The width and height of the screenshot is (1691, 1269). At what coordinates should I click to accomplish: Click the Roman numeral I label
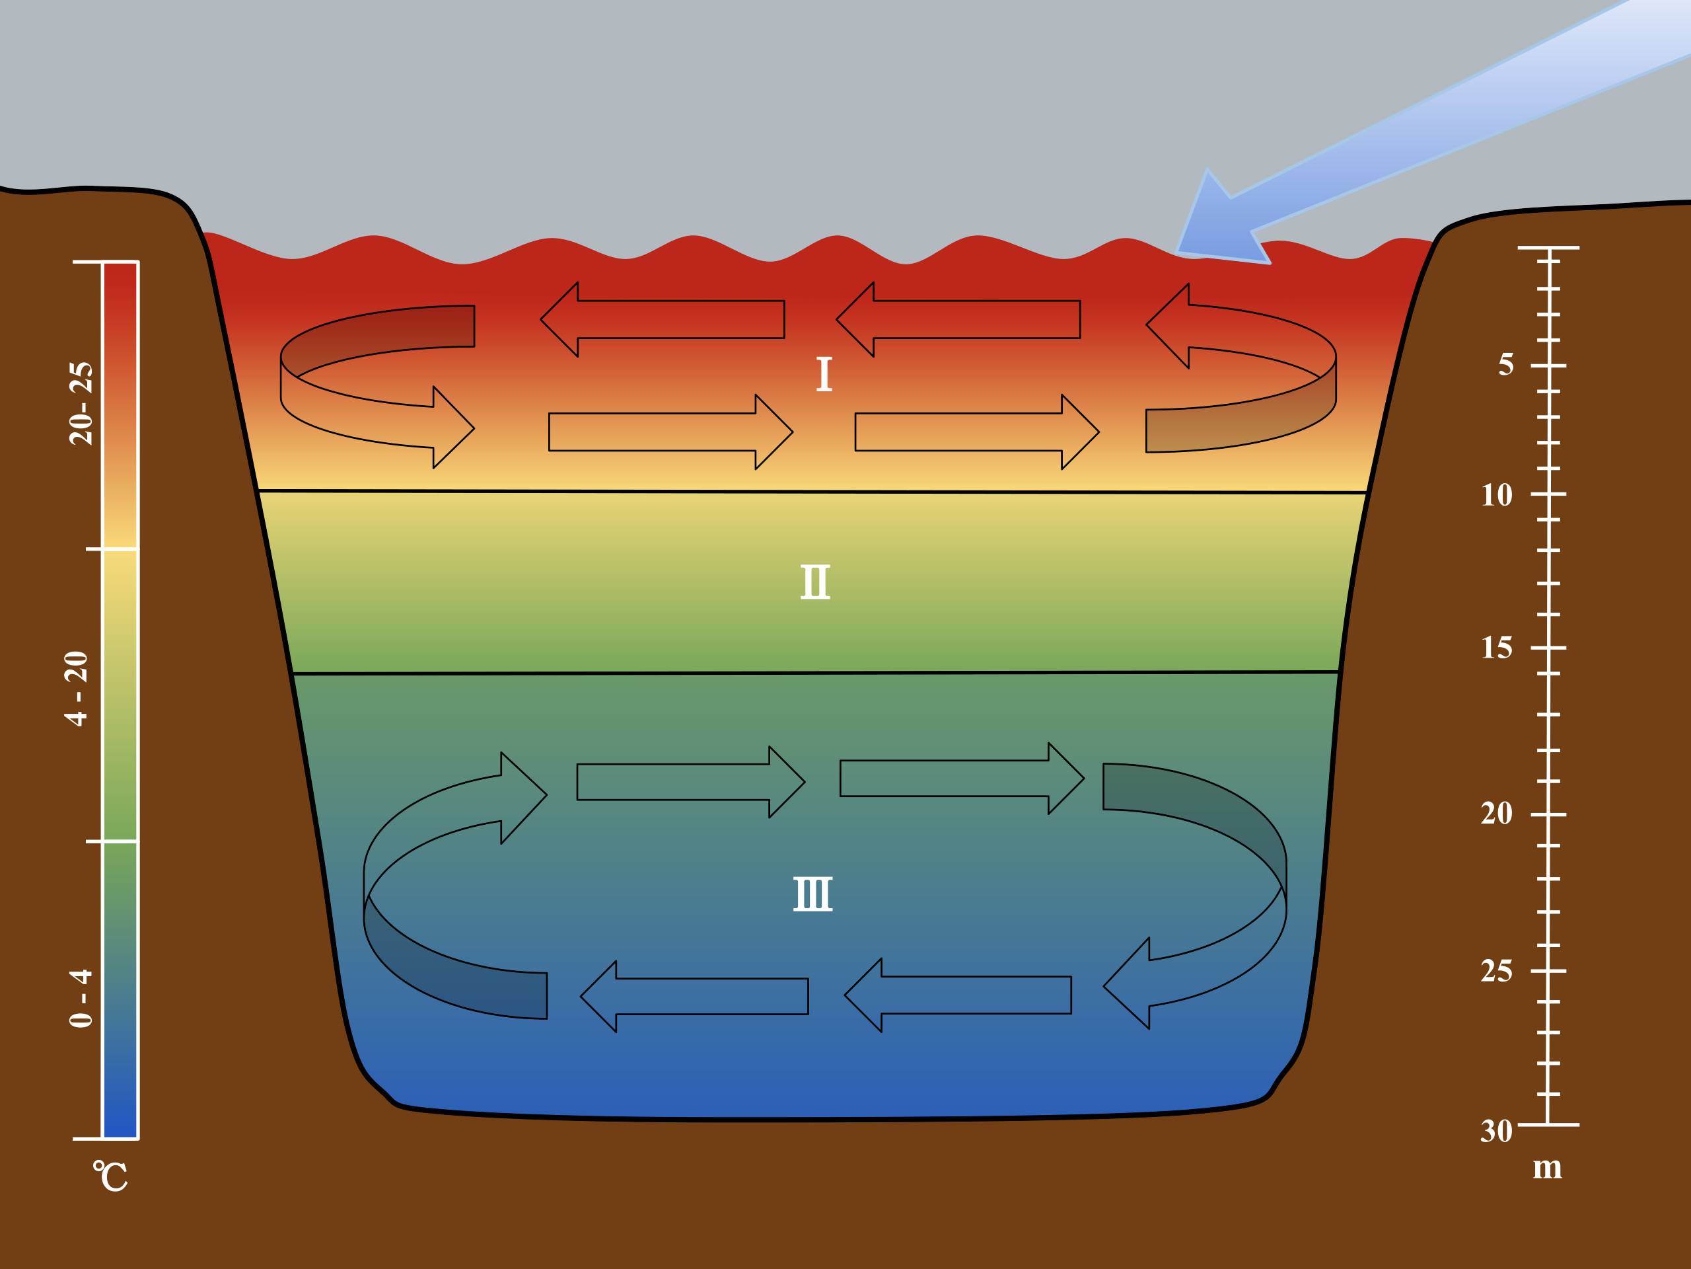(824, 374)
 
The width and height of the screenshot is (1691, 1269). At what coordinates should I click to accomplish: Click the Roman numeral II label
(815, 582)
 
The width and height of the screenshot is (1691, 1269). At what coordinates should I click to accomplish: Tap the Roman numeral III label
(812, 894)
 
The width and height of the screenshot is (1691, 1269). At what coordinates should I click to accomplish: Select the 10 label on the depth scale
(1497, 496)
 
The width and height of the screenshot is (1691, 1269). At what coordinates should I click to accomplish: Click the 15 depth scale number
(1497, 648)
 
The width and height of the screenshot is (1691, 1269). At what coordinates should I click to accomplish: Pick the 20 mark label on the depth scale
(1497, 813)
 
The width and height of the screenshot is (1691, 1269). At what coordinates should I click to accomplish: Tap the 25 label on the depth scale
(1497, 972)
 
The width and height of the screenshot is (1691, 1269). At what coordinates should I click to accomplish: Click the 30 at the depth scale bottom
(1497, 1132)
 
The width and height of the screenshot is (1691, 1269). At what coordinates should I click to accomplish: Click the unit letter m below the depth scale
(1547, 1168)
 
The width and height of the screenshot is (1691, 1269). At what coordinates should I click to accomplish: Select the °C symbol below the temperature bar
(111, 1176)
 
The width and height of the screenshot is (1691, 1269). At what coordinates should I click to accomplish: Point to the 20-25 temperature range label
(81, 404)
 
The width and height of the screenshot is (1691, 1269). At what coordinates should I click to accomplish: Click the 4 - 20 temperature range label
(77, 689)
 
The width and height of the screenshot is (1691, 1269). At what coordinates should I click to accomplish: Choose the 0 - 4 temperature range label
(81, 998)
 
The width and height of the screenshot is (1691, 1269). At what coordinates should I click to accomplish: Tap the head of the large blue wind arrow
(1215, 229)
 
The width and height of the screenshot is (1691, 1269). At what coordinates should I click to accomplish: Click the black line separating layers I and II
(810, 491)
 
